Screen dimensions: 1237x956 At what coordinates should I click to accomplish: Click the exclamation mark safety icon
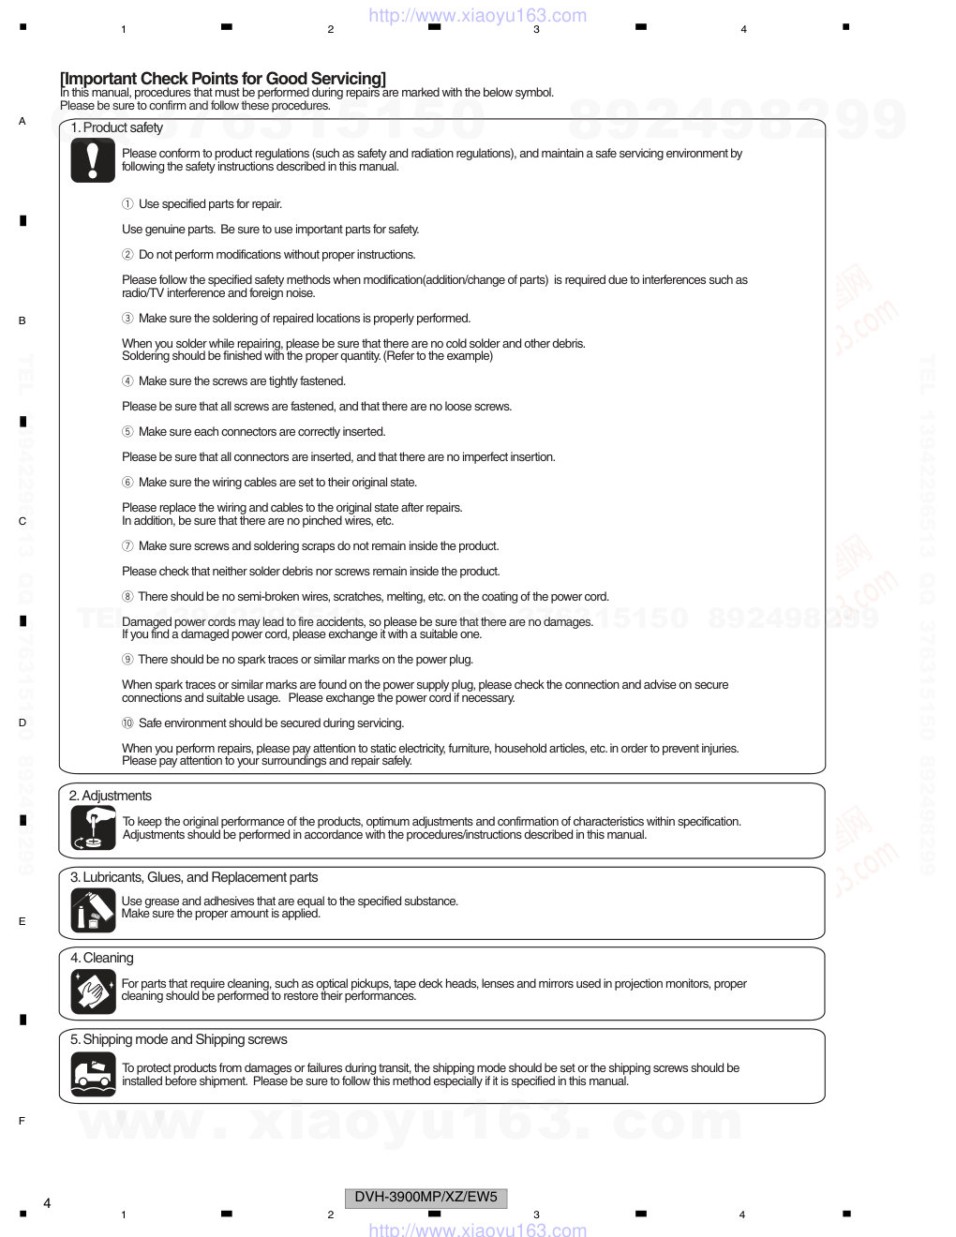93,160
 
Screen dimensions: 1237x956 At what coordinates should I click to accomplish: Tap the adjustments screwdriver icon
93,827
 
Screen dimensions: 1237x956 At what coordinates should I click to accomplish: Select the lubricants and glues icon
93,909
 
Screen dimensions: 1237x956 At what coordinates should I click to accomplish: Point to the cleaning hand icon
93,991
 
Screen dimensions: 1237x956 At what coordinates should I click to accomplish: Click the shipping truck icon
93,1074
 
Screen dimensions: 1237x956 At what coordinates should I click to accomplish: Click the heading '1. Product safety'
116,127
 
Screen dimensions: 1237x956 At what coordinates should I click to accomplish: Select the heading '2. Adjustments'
110,796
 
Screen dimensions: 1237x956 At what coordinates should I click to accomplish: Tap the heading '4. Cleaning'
101,958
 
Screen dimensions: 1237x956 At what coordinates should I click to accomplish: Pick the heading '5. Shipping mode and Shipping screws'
178,1039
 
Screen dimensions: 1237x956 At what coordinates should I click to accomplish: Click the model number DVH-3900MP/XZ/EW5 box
426,1198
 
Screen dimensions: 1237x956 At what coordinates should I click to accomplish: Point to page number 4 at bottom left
47,1203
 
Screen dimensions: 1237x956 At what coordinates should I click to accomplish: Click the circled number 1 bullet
127,204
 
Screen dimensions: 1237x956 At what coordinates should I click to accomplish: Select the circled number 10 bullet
127,723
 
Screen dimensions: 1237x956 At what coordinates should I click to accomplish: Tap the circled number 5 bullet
127,432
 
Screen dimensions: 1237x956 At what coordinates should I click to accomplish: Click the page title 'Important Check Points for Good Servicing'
223,79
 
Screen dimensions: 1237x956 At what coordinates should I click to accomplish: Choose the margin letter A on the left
22,121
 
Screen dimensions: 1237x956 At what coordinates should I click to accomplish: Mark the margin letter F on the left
22,1121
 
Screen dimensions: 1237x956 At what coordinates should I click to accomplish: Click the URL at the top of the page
478,15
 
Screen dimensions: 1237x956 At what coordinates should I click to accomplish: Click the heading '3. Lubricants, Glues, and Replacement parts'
194,877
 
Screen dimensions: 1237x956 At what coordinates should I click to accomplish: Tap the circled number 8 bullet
127,597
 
